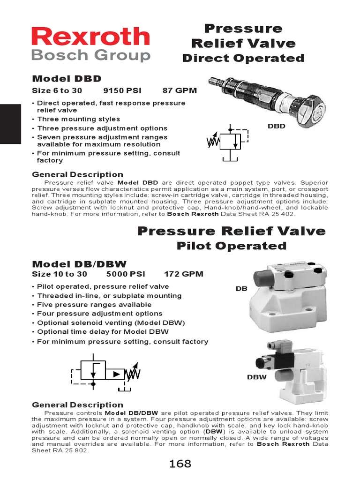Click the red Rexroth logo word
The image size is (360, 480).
90,37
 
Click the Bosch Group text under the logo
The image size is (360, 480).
90,56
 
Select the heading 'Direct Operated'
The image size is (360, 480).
243,58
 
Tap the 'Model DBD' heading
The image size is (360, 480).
67,78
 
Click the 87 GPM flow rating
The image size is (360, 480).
180,90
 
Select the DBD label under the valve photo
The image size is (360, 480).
277,126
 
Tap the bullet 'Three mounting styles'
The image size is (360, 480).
78,119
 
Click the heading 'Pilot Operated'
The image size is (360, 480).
231,246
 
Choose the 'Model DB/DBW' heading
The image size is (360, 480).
79,264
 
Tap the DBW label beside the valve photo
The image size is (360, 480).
254,377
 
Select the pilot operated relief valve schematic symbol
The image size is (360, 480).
106,373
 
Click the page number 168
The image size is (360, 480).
180,464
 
